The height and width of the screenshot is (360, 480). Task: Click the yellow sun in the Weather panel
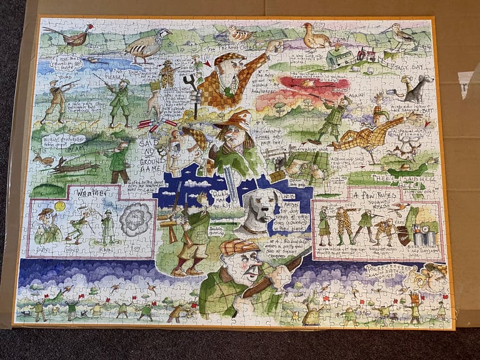click(x=60, y=206)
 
